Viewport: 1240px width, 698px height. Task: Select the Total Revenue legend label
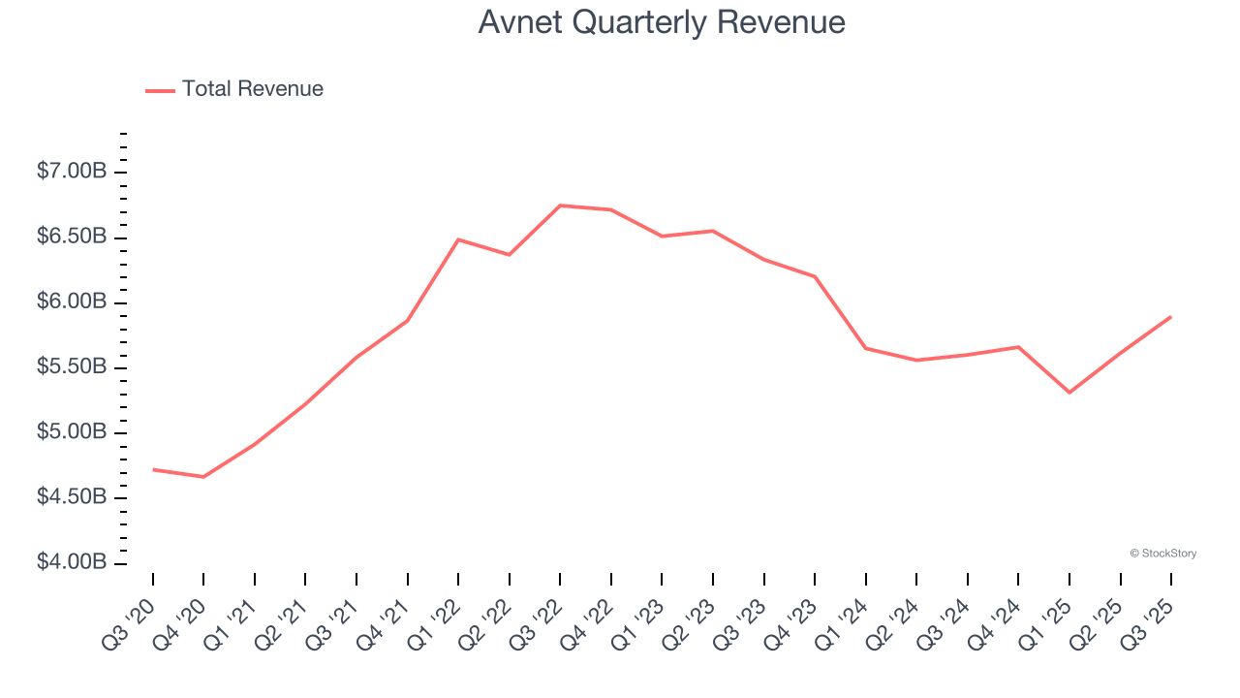pyautogui.click(x=252, y=89)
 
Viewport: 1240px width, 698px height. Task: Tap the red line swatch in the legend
pyautogui.click(x=160, y=90)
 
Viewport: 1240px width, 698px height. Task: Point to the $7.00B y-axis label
pyautogui.click(x=72, y=172)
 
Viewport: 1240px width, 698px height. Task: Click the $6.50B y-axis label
pyautogui.click(x=72, y=238)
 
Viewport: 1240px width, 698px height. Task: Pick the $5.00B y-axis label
pyautogui.click(x=72, y=432)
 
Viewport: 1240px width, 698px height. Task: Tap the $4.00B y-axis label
pyautogui.click(x=72, y=563)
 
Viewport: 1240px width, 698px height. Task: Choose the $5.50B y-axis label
pyautogui.click(x=72, y=367)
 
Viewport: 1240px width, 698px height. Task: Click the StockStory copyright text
pyautogui.click(x=1162, y=554)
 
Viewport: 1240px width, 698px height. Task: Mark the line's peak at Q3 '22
pyautogui.click(x=561, y=206)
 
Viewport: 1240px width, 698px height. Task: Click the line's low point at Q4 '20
pyautogui.click(x=203, y=477)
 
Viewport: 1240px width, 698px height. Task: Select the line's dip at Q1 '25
pyautogui.click(x=1069, y=393)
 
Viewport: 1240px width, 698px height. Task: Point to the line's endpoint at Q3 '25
pyautogui.click(x=1171, y=317)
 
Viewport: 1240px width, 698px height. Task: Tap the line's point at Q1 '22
pyautogui.click(x=458, y=239)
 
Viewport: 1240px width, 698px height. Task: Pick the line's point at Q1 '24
pyautogui.click(x=865, y=348)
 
